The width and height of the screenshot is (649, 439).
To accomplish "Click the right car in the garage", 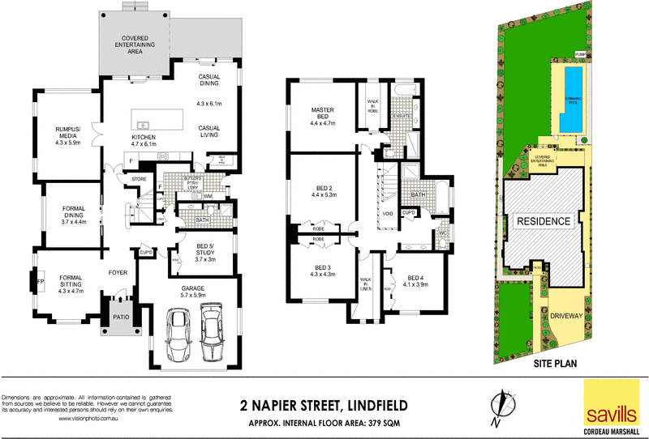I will click(211, 333).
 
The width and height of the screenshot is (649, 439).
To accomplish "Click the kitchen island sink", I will click(142, 125).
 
